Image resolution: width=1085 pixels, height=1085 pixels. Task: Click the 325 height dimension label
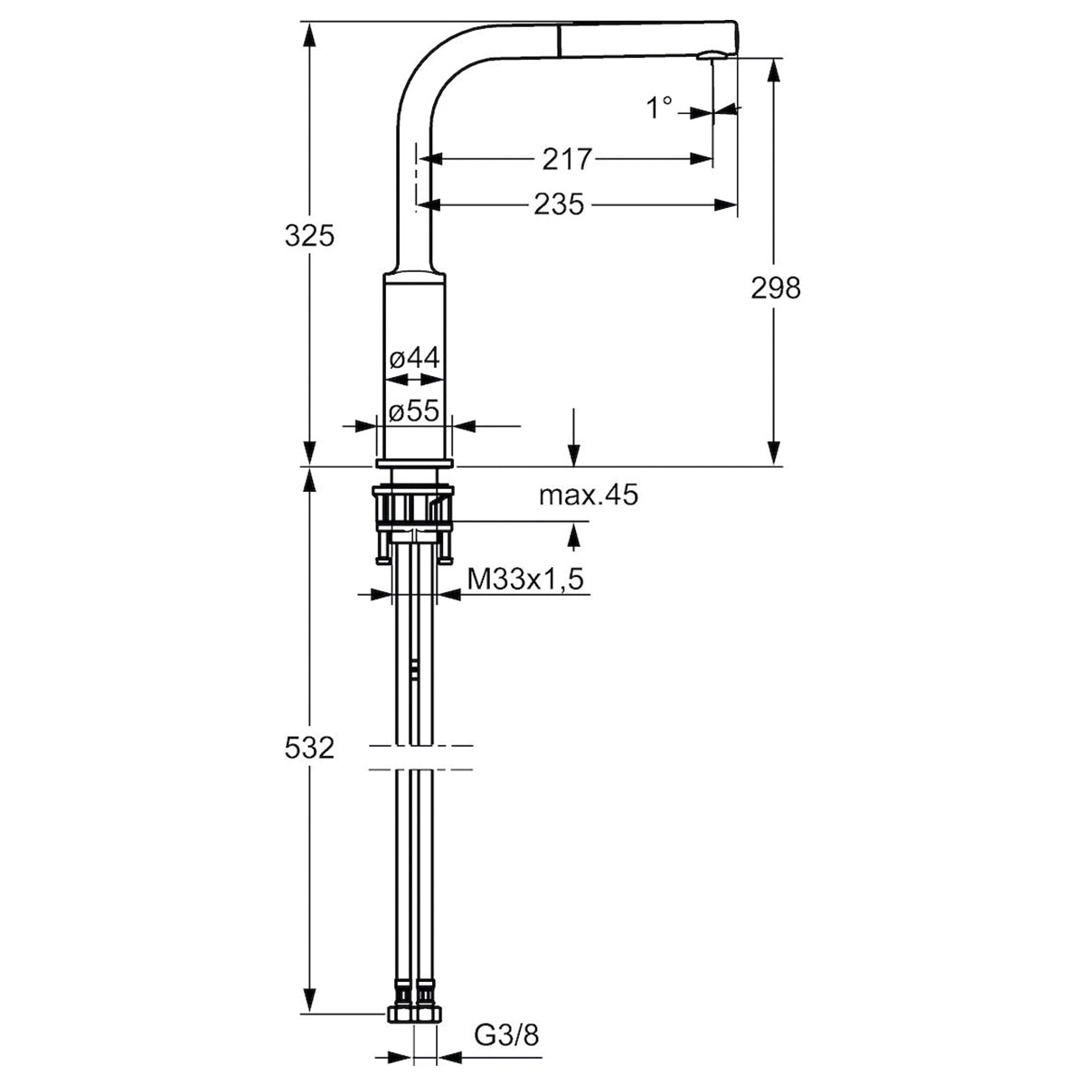coord(309,236)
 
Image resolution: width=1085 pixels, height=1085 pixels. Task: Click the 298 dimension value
coord(775,288)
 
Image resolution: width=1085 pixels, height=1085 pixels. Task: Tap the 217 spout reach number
coord(567,159)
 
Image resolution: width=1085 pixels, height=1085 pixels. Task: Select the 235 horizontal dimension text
coord(559,204)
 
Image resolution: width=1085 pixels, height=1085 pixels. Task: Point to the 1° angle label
coord(659,108)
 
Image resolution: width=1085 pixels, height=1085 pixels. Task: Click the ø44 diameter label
coord(414,358)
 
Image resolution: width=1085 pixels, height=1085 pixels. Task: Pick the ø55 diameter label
coord(414,411)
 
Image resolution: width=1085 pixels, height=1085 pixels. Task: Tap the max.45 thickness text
coord(589,495)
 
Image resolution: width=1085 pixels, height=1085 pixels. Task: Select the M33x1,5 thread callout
coord(525,579)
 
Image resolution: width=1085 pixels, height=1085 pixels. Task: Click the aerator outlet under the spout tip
coord(712,56)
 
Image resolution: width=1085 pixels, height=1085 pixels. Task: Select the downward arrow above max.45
coord(574,438)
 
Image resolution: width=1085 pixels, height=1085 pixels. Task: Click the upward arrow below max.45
coord(574,535)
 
